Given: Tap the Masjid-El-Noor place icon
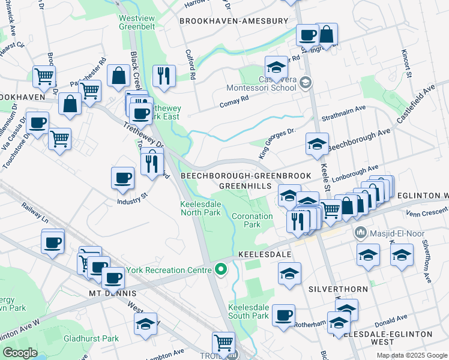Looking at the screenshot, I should [361, 232].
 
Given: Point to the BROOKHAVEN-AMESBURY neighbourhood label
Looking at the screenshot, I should [234, 21].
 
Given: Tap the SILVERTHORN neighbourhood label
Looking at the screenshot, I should [338, 289].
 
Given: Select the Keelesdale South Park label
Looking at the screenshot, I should [249, 311].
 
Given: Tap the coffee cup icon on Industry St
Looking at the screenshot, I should [123, 178].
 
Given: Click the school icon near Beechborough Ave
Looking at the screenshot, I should [317, 144].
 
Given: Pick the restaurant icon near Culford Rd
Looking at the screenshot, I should [163, 76].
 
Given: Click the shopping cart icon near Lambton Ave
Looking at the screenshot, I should [223, 343].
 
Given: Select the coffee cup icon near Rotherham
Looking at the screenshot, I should [283, 314].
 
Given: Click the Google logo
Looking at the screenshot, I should [20, 353].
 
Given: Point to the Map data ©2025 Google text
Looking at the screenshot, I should [411, 355].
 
